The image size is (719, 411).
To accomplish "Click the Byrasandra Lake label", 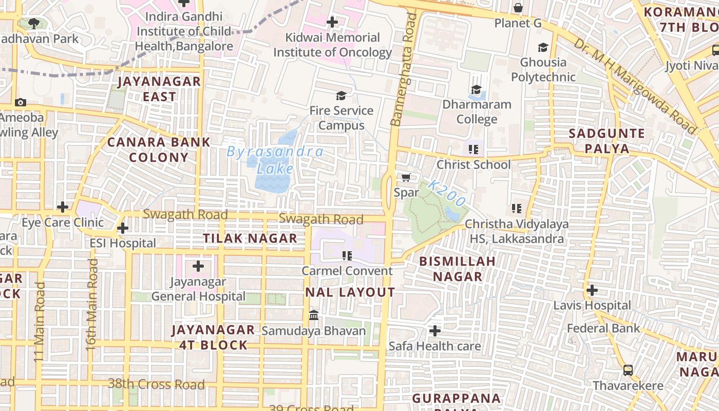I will tap(275, 160).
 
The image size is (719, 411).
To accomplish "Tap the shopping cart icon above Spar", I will tap(406, 177).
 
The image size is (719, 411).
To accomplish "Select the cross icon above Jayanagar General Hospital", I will tap(198, 266).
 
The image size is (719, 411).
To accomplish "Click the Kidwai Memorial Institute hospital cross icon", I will tap(332, 22).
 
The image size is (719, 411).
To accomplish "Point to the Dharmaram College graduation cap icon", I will tap(476, 89).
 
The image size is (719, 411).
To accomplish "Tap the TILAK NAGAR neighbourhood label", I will tap(250, 238).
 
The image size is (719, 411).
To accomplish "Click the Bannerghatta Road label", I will tap(403, 69).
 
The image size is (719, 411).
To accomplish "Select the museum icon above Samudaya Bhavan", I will tap(313, 315).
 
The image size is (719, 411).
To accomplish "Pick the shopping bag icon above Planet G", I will tap(518, 8).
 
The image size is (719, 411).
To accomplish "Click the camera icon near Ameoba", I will tap(21, 102).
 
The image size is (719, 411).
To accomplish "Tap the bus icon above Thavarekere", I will tap(628, 370).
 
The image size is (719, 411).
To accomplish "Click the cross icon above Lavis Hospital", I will tap(592, 290).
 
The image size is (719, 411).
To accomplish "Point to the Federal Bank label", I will tap(603, 328).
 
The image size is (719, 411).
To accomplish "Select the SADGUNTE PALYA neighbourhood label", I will tap(607, 141).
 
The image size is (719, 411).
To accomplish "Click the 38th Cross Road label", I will tap(156, 384).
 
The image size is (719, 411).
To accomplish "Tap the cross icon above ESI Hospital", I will tap(123, 228).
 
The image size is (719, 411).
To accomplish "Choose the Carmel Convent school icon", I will tap(347, 255).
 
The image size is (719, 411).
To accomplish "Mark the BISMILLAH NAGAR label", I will tap(458, 269).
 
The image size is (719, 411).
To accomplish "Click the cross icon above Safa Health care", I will tap(434, 330).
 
